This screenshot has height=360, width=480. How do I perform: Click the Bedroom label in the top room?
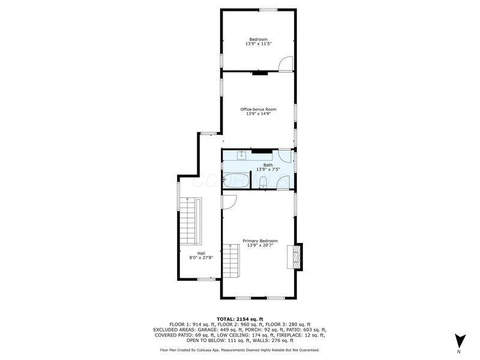258,40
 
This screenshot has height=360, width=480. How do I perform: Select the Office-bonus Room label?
258,109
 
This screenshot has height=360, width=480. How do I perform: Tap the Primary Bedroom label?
260,241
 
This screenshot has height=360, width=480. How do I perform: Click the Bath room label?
268,165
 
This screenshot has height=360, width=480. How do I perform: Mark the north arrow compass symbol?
459,340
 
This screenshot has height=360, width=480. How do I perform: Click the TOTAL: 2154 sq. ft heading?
239,318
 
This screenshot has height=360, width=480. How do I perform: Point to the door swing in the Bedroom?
286,62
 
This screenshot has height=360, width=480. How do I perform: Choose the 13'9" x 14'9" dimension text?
258,114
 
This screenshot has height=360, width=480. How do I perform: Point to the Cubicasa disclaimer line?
239,349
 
